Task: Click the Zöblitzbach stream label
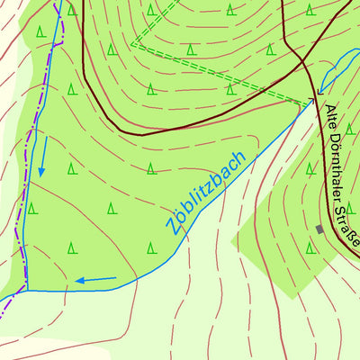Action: pyautogui.click(x=206, y=192)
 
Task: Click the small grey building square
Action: pyautogui.click(x=319, y=229)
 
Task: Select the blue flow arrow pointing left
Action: pyautogui.click(x=95, y=279)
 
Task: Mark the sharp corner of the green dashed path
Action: pyautogui.click(x=133, y=44)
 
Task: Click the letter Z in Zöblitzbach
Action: pyautogui.click(x=170, y=225)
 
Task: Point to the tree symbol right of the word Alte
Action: pyautogui.click(x=350, y=129)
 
